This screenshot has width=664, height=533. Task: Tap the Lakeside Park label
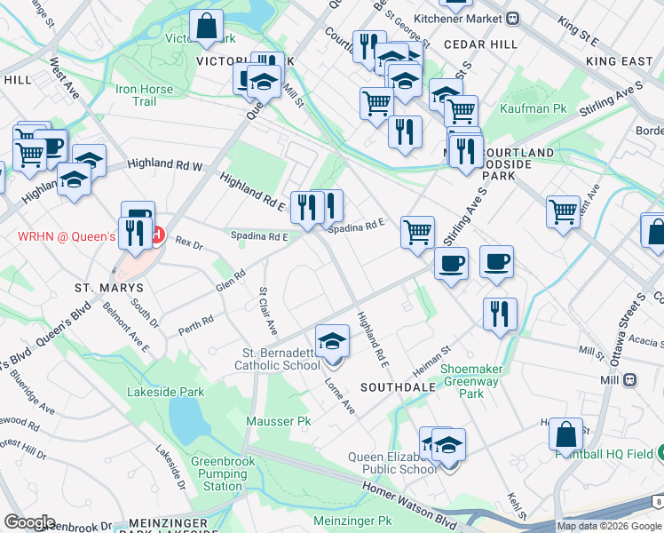tap(166, 392)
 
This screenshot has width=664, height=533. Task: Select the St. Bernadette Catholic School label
tap(277, 359)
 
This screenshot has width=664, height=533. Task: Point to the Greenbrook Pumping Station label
tap(223, 473)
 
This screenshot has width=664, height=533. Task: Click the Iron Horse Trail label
tap(136, 95)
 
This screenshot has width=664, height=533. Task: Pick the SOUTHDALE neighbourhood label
tap(398, 387)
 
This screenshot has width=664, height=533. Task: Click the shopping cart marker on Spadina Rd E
tap(417, 233)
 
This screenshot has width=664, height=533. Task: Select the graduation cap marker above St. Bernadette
tap(332, 341)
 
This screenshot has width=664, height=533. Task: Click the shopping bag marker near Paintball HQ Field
tap(565, 435)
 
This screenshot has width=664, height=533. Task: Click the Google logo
tap(29, 522)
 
